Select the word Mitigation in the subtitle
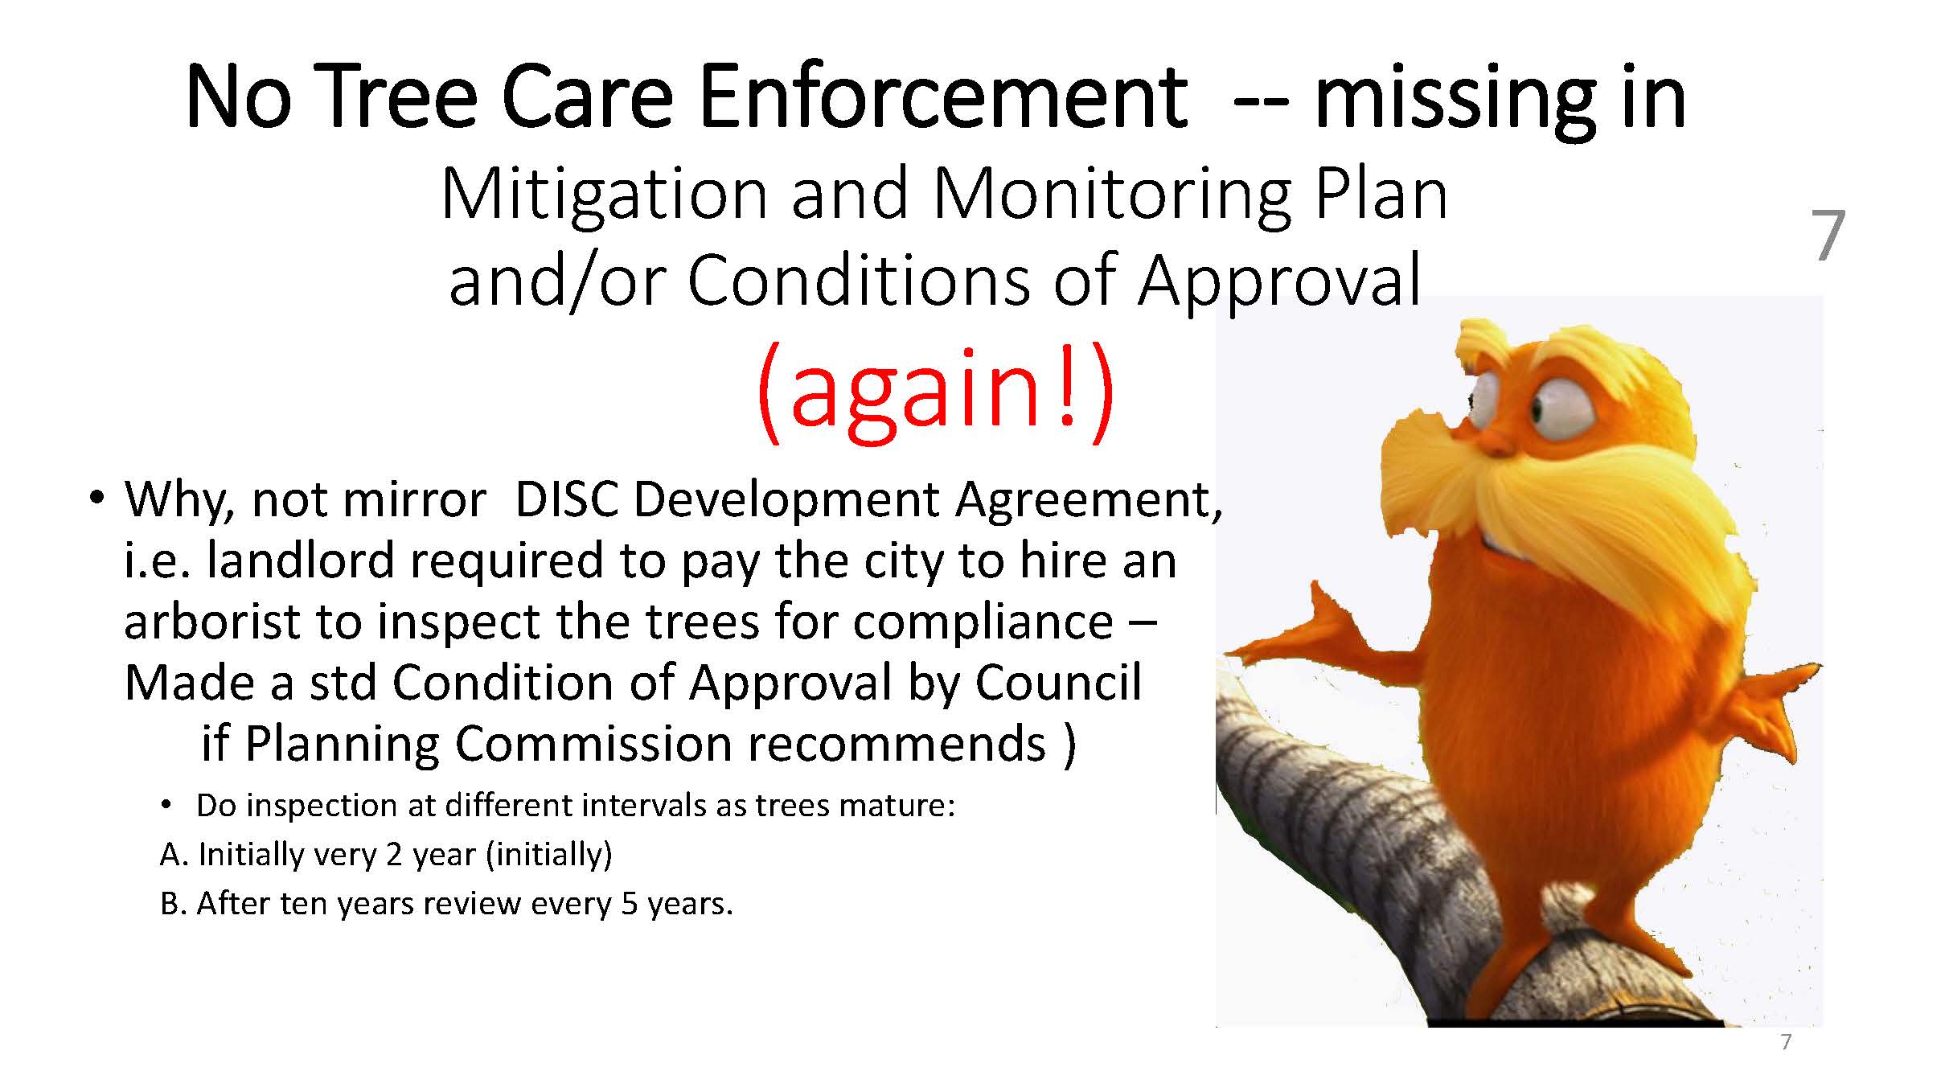pyautogui.click(x=605, y=195)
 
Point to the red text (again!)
pyautogui.click(x=935, y=391)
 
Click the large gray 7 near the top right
pyautogui.click(x=1828, y=236)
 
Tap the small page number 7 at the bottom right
pyautogui.click(x=1787, y=1042)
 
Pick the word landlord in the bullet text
pyautogui.click(x=300, y=560)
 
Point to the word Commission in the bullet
pyautogui.click(x=593, y=744)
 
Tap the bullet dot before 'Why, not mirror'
pyautogui.click(x=97, y=498)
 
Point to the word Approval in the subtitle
pyautogui.click(x=1280, y=283)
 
